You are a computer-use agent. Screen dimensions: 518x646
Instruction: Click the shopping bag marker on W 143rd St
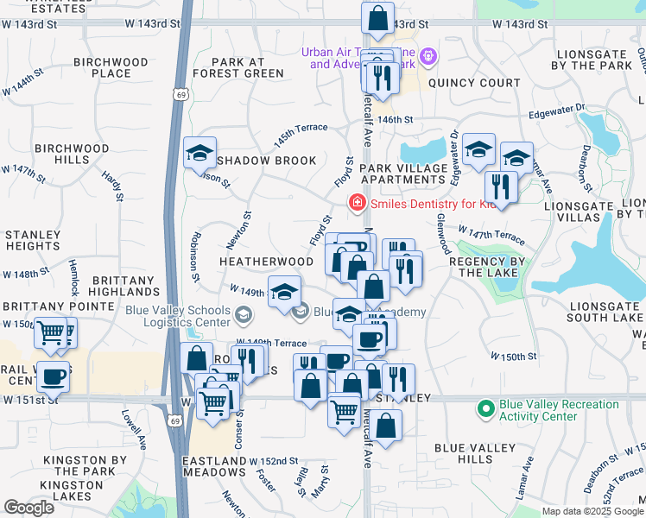[377, 16]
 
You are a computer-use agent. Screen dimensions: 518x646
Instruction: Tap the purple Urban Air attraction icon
[429, 57]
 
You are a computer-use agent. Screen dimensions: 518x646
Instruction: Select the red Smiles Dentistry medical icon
[354, 204]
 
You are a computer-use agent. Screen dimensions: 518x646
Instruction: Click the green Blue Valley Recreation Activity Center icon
[485, 407]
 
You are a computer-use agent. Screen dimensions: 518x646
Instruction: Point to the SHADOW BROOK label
[267, 161]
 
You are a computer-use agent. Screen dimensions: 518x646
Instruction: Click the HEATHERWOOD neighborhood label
[266, 261]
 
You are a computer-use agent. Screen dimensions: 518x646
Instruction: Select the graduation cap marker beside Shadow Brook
[200, 155]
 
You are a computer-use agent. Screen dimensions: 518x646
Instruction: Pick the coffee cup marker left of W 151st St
[53, 376]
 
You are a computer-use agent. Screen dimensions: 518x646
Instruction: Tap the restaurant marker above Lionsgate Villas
[501, 186]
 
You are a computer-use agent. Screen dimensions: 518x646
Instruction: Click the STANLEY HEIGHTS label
[32, 241]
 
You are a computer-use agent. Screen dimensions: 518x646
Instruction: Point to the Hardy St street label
[113, 186]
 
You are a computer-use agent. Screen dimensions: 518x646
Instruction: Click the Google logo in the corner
[28, 507]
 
